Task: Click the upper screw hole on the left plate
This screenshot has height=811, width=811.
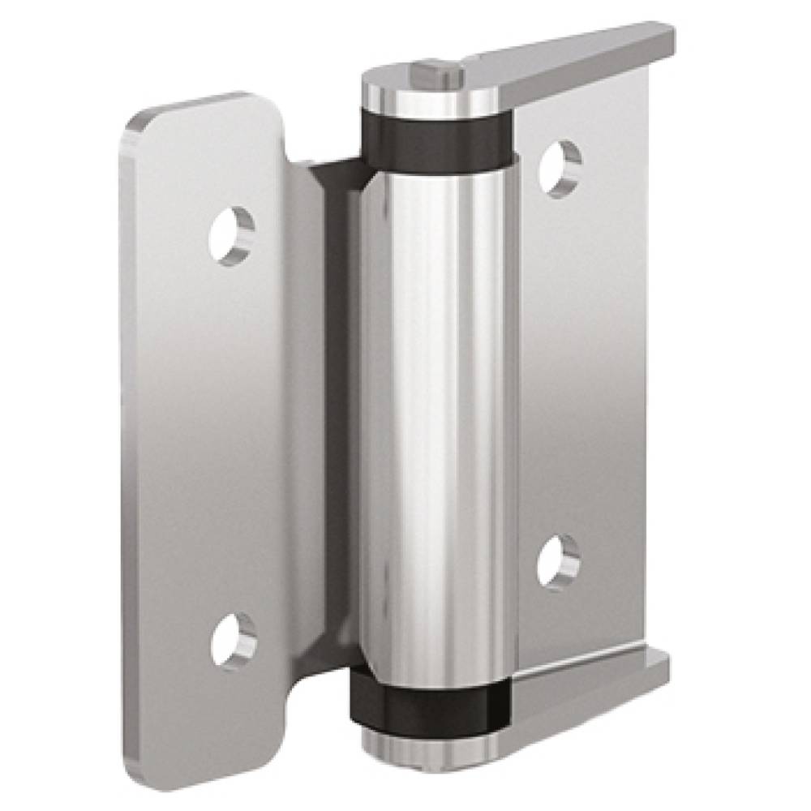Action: click(x=232, y=235)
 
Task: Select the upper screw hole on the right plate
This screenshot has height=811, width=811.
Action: click(x=561, y=168)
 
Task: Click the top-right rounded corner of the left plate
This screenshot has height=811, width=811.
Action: click(x=268, y=105)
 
